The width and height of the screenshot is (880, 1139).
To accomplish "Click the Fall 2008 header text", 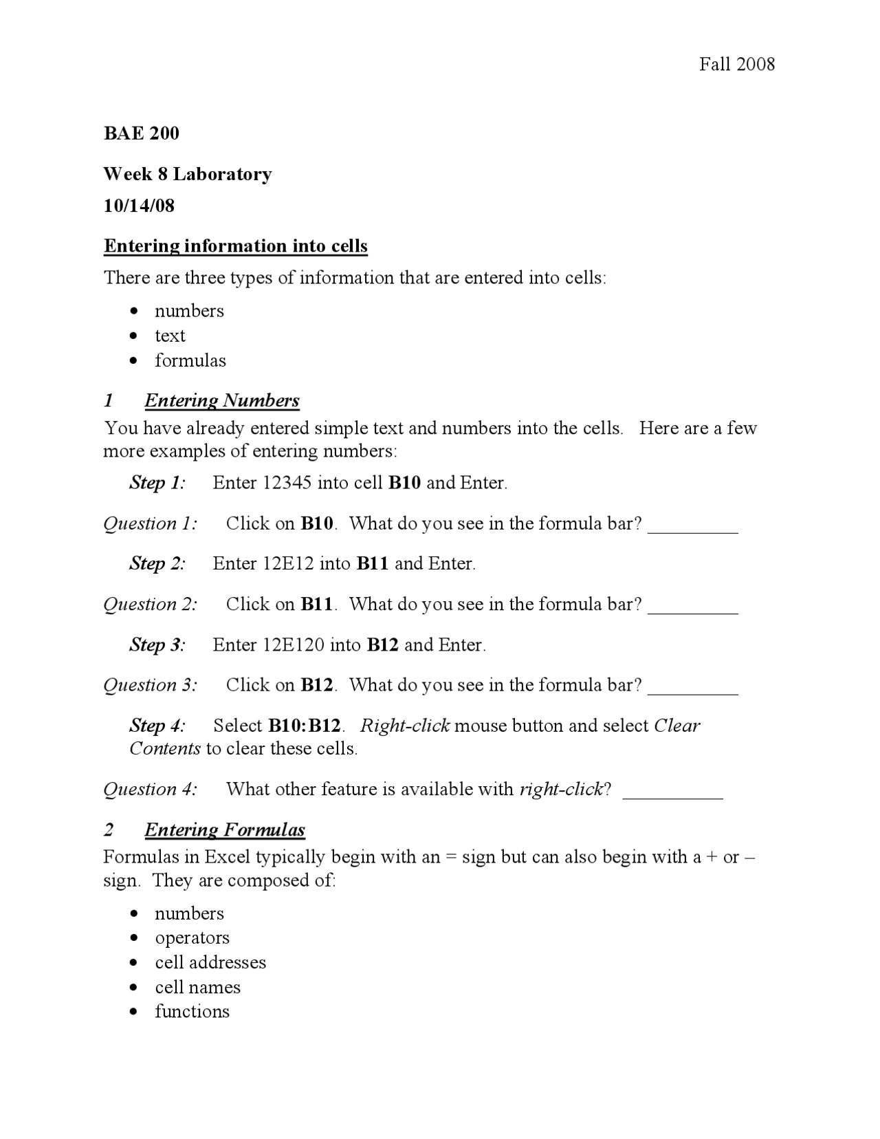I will click(736, 65).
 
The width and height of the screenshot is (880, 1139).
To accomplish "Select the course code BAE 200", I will click(142, 133).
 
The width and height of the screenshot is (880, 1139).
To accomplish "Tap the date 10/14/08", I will click(139, 206).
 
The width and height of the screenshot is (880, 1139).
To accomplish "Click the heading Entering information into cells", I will click(236, 246).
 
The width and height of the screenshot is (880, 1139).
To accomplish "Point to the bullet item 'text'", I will click(170, 336).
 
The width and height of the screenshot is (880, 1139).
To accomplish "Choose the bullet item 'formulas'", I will click(190, 360).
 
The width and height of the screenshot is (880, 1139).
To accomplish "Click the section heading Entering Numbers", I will click(222, 400).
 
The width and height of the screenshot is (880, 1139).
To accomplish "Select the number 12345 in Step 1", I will click(288, 483).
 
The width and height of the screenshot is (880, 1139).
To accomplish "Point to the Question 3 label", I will click(151, 685).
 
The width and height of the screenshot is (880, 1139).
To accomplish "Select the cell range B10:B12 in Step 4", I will click(305, 726).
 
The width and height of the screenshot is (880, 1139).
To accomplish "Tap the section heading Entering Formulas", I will click(224, 829).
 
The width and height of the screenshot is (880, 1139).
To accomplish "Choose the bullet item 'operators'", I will click(192, 938).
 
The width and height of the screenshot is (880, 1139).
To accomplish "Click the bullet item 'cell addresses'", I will click(210, 962).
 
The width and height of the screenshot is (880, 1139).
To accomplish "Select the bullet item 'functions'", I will click(192, 1012).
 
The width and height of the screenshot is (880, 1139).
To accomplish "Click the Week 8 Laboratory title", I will click(188, 174).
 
